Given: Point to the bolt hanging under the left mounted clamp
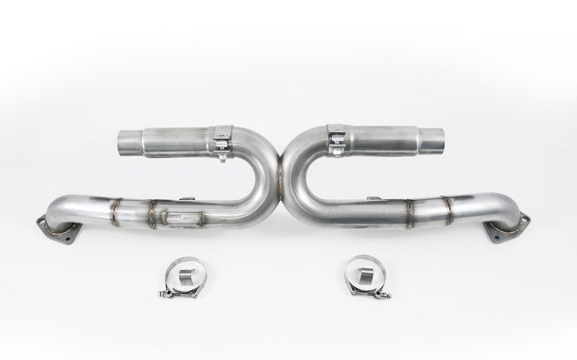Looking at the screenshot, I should click(x=223, y=157).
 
